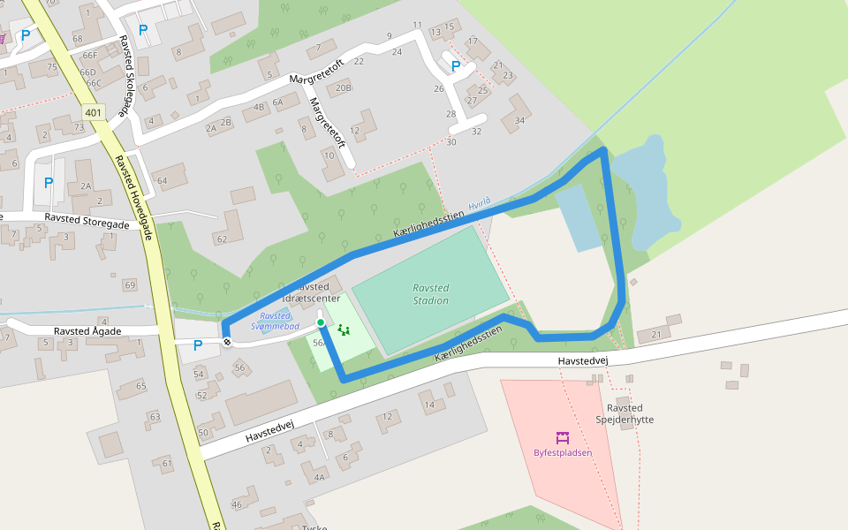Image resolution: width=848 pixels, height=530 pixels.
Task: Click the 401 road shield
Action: [94, 112]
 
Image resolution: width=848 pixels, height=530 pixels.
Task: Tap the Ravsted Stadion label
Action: [431, 294]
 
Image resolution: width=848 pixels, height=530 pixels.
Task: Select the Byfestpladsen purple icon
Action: [562, 437]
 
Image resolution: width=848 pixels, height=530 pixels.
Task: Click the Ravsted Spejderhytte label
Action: [625, 413]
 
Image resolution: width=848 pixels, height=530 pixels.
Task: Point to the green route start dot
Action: [321, 323]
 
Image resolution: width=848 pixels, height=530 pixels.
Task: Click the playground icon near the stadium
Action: [344, 330]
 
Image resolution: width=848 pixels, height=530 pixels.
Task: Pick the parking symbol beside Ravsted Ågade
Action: [197, 345]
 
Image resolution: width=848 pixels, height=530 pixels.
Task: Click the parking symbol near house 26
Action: [456, 66]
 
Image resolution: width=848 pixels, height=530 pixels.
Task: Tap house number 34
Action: [519, 121]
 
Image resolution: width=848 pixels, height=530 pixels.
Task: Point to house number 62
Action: [220, 239]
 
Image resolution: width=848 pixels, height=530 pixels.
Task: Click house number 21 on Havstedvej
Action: [655, 335]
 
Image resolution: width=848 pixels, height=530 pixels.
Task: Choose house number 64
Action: [162, 181]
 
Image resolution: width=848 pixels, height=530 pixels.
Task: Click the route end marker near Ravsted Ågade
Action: [228, 342]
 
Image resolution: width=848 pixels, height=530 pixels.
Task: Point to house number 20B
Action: [344, 87]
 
